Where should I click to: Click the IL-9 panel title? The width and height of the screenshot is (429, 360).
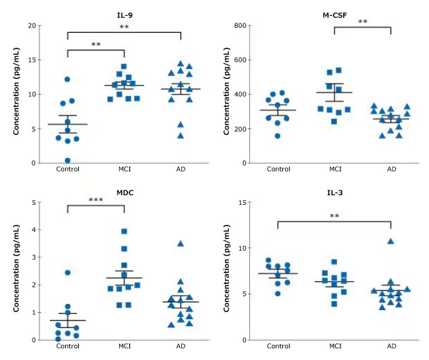pos(125,14)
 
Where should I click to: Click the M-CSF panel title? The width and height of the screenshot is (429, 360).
pos(334,14)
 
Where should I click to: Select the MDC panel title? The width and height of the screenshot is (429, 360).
pos(125,191)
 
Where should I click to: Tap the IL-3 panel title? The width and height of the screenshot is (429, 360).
pos(334,191)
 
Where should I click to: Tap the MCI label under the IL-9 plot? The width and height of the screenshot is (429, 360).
pos(125,169)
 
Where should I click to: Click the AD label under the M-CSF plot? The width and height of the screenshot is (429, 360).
pos(391,169)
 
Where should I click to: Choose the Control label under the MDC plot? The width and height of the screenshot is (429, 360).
pos(68,346)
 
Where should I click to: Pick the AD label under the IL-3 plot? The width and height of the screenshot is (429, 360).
pos(391,346)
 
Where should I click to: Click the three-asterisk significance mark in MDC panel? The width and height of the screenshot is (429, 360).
pos(95,200)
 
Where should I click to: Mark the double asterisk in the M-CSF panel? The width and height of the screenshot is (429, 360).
pos(363,22)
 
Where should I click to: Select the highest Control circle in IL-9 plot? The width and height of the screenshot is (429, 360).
pos(68,80)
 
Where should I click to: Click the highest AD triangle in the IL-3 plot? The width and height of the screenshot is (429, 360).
pos(391,241)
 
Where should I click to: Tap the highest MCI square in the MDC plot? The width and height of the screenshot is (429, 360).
pos(125,231)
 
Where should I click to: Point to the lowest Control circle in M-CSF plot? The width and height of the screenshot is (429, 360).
pos(278,136)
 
